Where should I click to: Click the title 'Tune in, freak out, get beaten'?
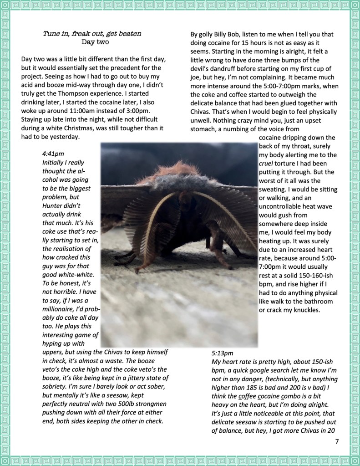[92, 34]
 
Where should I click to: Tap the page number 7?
[337, 441]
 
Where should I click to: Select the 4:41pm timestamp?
[52, 154]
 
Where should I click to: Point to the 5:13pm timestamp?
[223, 353]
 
